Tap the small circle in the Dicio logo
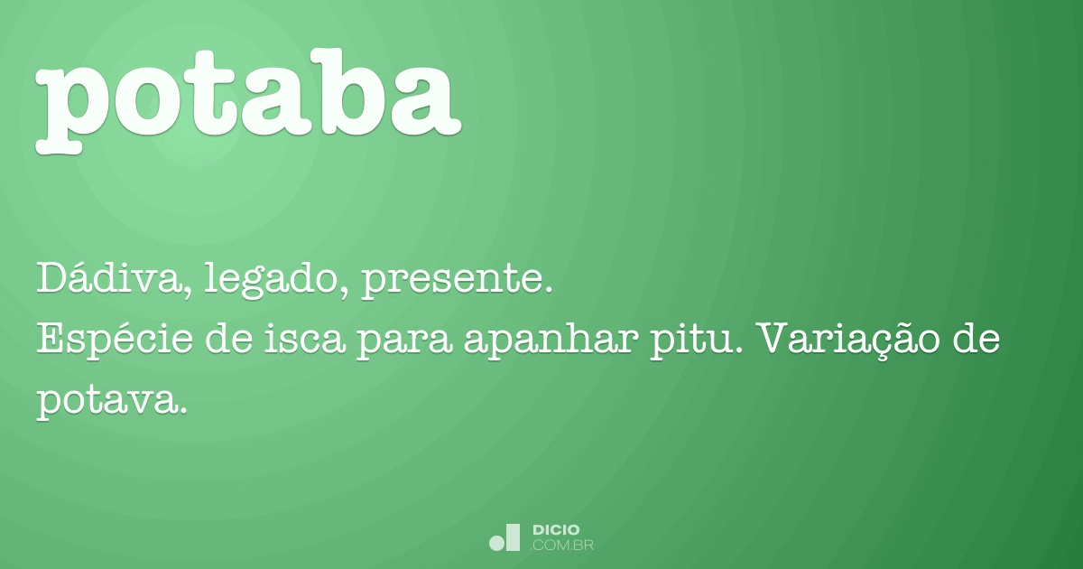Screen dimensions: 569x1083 (x=495, y=543)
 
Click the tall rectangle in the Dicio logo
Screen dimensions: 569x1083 (x=513, y=537)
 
